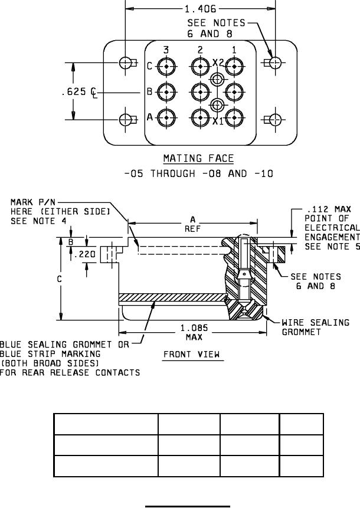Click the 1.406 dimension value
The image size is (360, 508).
pos(200,9)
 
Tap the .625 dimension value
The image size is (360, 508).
pos(74,91)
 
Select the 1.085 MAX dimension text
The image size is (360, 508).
pos(194,332)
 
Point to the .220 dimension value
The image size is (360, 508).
pos(84,254)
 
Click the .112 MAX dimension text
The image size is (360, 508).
pos(329,209)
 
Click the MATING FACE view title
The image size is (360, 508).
pos(198,159)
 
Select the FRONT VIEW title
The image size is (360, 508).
pos(191,355)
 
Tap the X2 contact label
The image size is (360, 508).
pos(218,63)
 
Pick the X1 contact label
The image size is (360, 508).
pos(218,122)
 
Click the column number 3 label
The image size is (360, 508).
pos(166,50)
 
